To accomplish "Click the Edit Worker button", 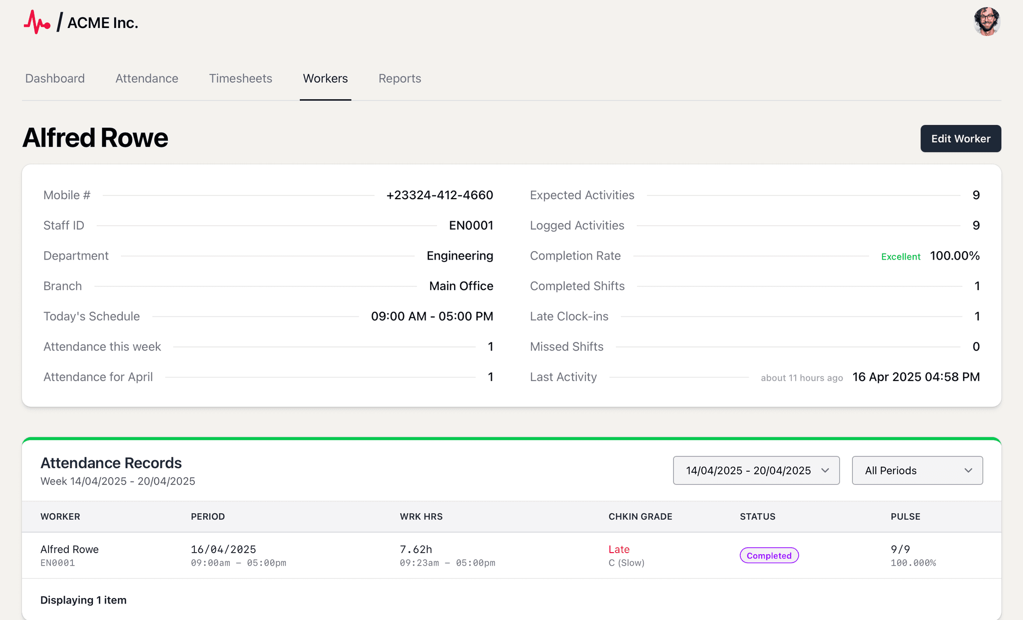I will coord(960,139).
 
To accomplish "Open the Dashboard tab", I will coord(55,78).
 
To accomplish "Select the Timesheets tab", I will coord(240,78).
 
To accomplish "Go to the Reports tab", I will coord(400,78).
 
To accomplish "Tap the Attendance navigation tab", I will coord(146,78).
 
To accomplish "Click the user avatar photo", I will coord(987,21).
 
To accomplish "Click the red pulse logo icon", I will coord(37,22).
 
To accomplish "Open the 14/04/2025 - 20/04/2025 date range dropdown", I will coord(756,470).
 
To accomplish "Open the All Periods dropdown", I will coord(917,470).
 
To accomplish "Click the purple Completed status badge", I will coord(769,556).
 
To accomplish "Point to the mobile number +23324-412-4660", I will coord(440,195).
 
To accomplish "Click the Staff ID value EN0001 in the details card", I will coord(471,226).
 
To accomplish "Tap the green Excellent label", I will coord(901,257).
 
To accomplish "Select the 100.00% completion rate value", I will coord(955,256).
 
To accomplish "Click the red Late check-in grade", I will coord(619,549).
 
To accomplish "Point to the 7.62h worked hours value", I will coord(416,549).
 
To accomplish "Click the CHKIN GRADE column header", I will coord(640,517).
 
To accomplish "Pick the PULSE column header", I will coord(905,517).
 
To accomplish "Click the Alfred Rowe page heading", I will coord(95,138).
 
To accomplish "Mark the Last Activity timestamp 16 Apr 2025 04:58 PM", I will coord(916,377).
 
